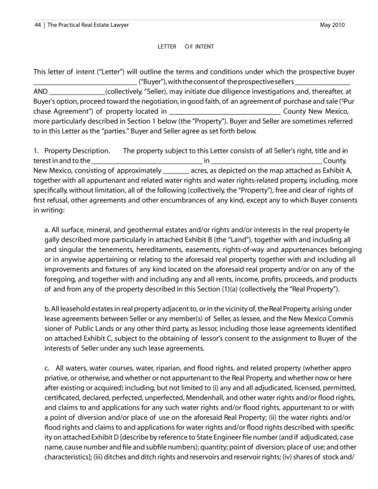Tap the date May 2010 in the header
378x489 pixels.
332,25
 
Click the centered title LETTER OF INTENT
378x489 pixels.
186,46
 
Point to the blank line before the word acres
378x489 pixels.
176,171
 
